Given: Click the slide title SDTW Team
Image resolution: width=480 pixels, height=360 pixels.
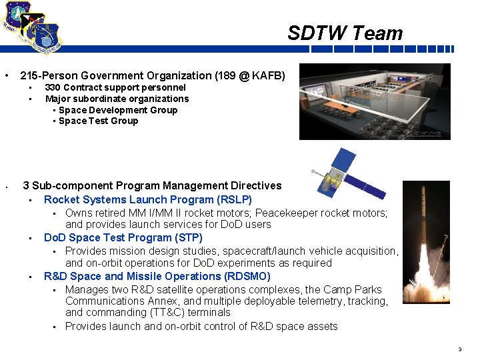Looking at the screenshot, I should coord(345,33).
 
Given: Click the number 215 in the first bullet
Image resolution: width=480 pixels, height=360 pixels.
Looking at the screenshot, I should coord(29,76).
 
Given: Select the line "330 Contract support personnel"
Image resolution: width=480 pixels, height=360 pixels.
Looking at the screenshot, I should coord(115,87).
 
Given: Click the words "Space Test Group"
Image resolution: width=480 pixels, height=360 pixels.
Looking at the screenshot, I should coord(98,121).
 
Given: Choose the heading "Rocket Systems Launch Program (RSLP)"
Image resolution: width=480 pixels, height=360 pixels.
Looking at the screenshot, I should coord(147,199).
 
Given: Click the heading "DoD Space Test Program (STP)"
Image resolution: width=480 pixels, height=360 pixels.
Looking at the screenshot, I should coord(123,237).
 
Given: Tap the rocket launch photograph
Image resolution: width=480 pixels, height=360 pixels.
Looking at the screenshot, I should coord(426,247).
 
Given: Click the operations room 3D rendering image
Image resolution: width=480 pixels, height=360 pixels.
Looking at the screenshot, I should coord(374,101).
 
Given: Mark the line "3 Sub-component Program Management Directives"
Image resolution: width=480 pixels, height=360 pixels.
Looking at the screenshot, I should coord(152,185).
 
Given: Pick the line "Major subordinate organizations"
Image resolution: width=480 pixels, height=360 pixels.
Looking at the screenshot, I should coord(117,99).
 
